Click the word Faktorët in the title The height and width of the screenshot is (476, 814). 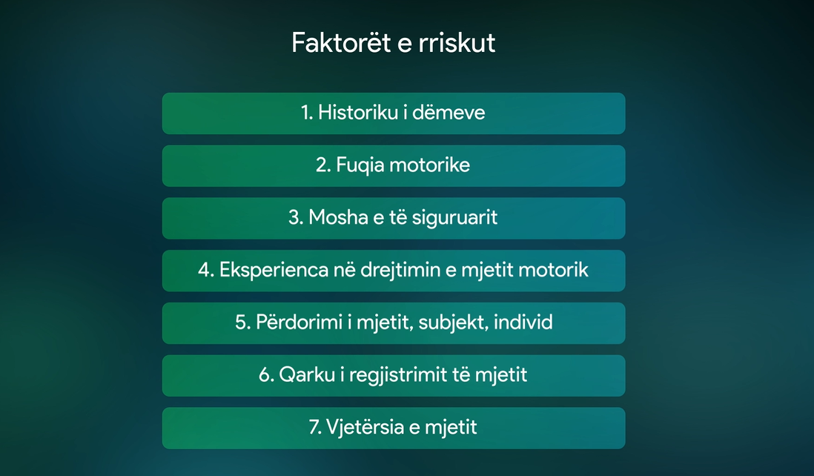tap(340, 42)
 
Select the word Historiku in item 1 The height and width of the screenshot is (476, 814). tap(358, 113)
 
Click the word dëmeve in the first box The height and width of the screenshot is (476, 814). tap(449, 113)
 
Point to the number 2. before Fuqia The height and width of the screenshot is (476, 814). tap(323, 165)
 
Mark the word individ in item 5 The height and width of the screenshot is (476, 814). tap(523, 323)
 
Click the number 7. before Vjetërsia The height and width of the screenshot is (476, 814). tap(315, 427)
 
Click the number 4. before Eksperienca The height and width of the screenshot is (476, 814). tap(206, 271)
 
